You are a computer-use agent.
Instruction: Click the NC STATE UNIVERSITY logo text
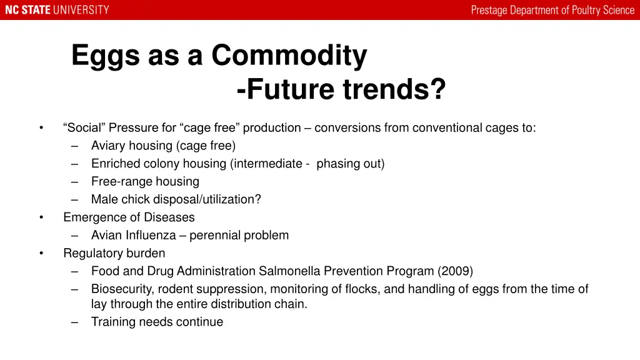pos(57,10)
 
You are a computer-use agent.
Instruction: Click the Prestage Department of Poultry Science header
pos(552,10)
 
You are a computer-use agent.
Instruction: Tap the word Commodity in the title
pos(289,56)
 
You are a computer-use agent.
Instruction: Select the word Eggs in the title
pos(105,56)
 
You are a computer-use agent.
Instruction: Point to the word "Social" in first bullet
pos(85,128)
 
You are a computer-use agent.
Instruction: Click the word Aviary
pos(108,146)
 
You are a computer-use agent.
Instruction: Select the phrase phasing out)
pos(351,164)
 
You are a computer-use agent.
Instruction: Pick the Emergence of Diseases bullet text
pos(129,217)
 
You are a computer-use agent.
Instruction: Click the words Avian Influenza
pos(133,236)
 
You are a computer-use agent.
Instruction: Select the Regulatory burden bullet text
pos(114,253)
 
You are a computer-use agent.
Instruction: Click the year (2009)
pos(455,271)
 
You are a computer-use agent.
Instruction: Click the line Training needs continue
pos(157,322)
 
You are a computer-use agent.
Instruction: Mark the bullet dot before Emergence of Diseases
pos(41,217)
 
